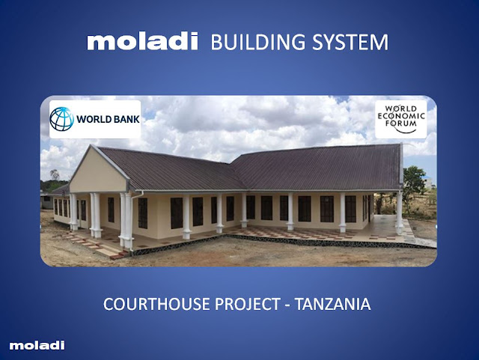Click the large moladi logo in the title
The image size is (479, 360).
pos(142,42)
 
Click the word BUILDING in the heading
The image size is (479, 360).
pos(258,42)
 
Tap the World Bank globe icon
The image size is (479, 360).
pos(61,119)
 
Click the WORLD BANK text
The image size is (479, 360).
pos(108,119)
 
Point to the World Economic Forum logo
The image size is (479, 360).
pos(401,120)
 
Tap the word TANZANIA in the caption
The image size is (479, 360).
pos(332,304)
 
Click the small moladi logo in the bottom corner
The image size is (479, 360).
pos(37,345)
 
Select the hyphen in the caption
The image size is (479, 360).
pos(287,305)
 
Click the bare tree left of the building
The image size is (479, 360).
pos(55,175)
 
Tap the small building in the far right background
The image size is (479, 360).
pos(428,183)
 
